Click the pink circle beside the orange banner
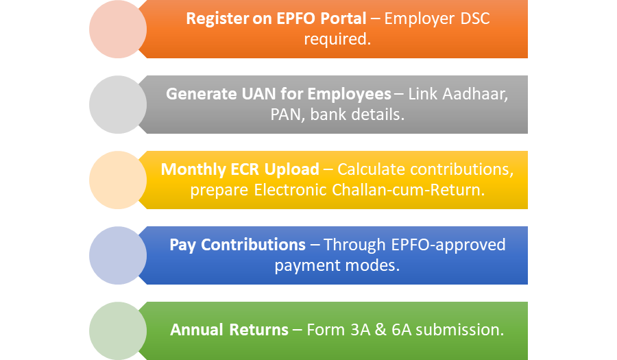[x=118, y=29]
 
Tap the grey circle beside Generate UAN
[x=118, y=105]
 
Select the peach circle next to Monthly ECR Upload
[x=118, y=180]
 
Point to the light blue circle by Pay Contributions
[x=118, y=255]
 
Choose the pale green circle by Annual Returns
[x=118, y=331]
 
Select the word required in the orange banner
[x=337, y=39]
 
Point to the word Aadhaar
[x=475, y=95]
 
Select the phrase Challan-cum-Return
[x=408, y=190]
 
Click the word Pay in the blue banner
[x=182, y=245]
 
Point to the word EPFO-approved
[x=448, y=245]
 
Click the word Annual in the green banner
[x=198, y=330]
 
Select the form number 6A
[x=401, y=330]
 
